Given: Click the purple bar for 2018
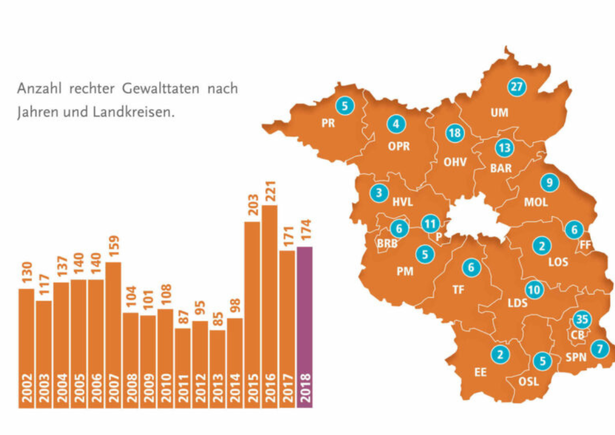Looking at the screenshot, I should [305, 327].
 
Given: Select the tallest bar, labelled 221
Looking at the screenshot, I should [269, 305].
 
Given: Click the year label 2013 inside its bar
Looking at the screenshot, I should [218, 389].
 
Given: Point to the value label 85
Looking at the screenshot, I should [218, 319].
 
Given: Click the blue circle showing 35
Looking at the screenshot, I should [581, 319].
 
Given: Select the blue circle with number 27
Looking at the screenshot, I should [517, 87].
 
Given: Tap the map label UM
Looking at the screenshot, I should [499, 112].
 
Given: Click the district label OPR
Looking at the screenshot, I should [398, 147].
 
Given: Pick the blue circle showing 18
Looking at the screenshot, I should [454, 133].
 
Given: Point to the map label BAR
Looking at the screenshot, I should [500, 169].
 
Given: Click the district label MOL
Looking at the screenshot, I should [536, 202].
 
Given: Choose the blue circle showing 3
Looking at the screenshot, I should [379, 193].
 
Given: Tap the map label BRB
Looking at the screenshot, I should [387, 244].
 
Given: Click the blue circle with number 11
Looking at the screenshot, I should [430, 224].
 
